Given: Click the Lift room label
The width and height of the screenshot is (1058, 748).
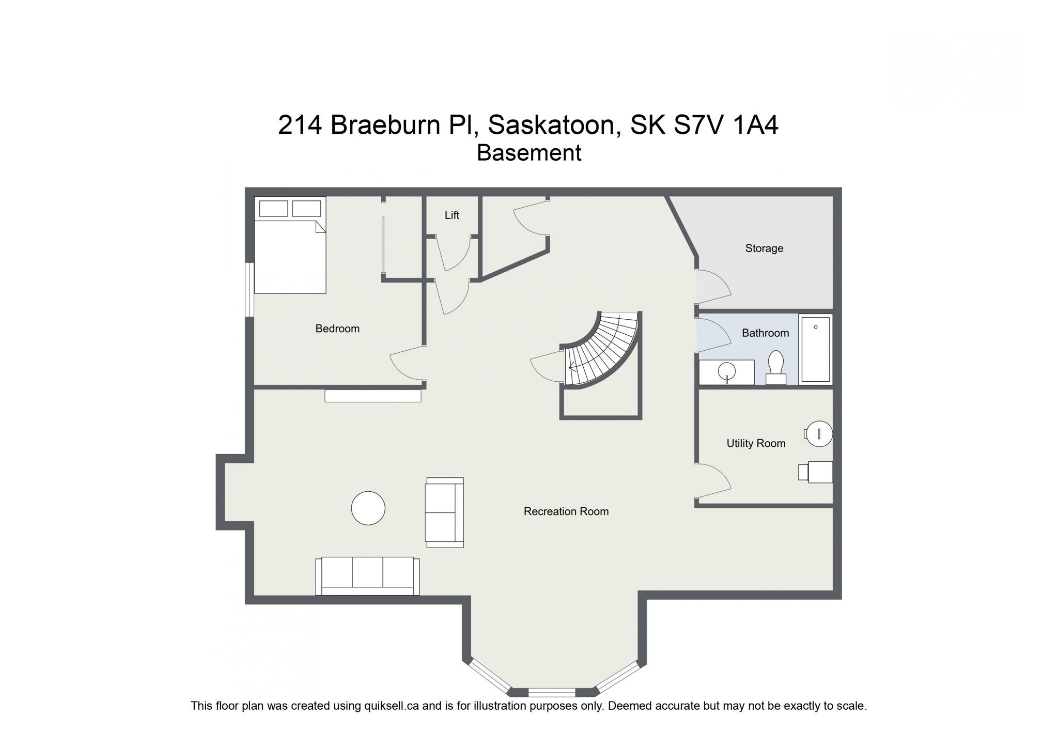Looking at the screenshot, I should pyautogui.click(x=452, y=215).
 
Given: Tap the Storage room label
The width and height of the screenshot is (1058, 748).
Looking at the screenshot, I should pyautogui.click(x=764, y=248).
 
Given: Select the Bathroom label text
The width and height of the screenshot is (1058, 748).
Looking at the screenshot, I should pyautogui.click(x=765, y=333).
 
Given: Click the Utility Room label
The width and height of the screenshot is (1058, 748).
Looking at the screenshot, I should pyautogui.click(x=755, y=443).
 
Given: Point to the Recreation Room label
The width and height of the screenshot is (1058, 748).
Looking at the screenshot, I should pyautogui.click(x=566, y=511).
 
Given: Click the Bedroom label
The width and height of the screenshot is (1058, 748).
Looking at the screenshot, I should pyautogui.click(x=337, y=329).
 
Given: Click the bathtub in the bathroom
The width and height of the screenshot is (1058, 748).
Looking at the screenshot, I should pyautogui.click(x=815, y=349).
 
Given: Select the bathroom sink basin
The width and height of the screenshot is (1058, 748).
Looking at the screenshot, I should pyautogui.click(x=727, y=370).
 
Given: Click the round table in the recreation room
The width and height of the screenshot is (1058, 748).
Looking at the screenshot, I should pyautogui.click(x=368, y=508).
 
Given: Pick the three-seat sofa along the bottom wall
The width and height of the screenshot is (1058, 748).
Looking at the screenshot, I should pyautogui.click(x=367, y=575).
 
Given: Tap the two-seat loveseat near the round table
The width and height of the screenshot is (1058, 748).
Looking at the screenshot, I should pyautogui.click(x=444, y=512).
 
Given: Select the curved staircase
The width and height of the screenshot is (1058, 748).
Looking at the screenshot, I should pyautogui.click(x=602, y=351).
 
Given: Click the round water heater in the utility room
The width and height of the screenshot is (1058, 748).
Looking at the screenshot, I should pyautogui.click(x=819, y=434).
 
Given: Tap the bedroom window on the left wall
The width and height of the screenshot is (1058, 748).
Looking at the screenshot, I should pyautogui.click(x=250, y=289).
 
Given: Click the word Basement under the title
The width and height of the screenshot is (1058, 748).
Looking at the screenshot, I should pyautogui.click(x=528, y=153).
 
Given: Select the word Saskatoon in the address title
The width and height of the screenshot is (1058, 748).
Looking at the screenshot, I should pyautogui.click(x=554, y=125).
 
